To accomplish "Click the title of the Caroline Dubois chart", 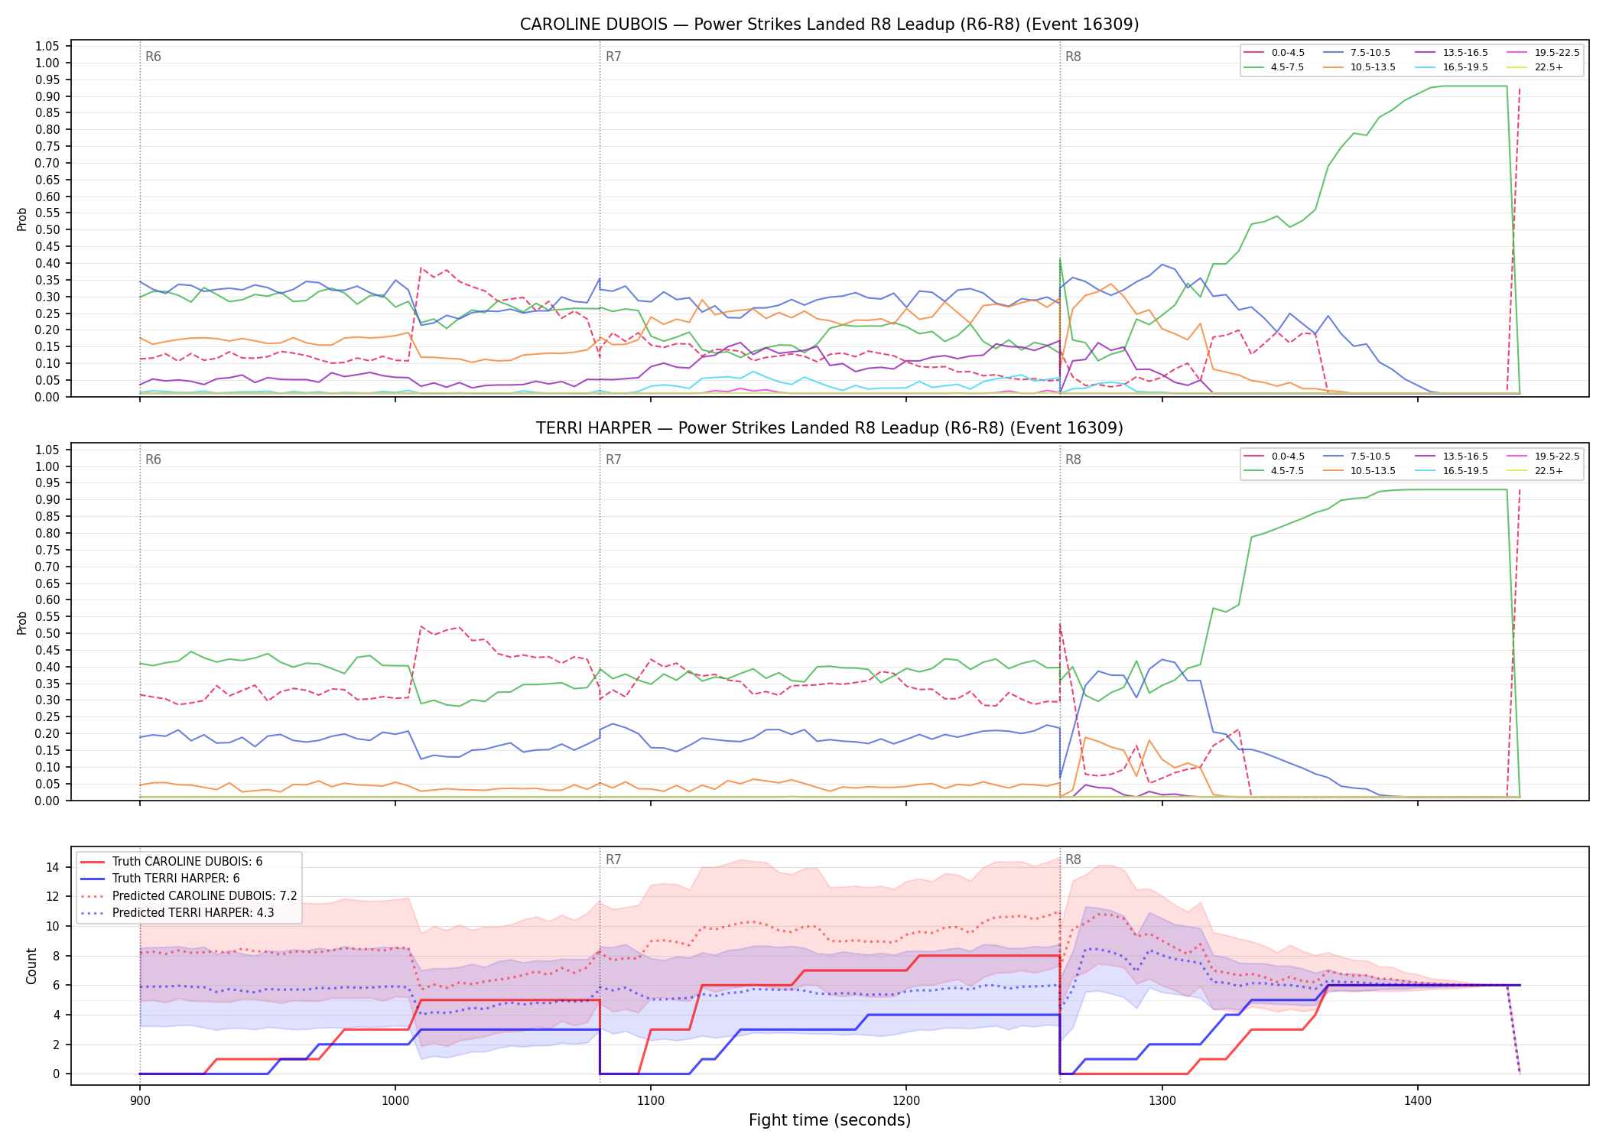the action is (x=829, y=24).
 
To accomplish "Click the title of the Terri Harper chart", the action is (x=829, y=428).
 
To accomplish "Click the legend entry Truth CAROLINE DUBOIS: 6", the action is (x=171, y=862).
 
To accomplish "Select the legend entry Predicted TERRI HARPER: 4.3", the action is (x=177, y=913).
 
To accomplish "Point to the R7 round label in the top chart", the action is (x=613, y=57).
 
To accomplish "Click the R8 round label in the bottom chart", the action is (x=1073, y=859).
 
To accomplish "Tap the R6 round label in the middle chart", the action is (x=153, y=460).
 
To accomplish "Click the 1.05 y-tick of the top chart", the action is (x=47, y=47).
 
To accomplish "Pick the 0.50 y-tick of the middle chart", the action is (x=47, y=633).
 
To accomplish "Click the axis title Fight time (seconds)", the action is (x=830, y=1120).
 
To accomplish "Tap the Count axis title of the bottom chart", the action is (x=31, y=966).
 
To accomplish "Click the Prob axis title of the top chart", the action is (x=22, y=219).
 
